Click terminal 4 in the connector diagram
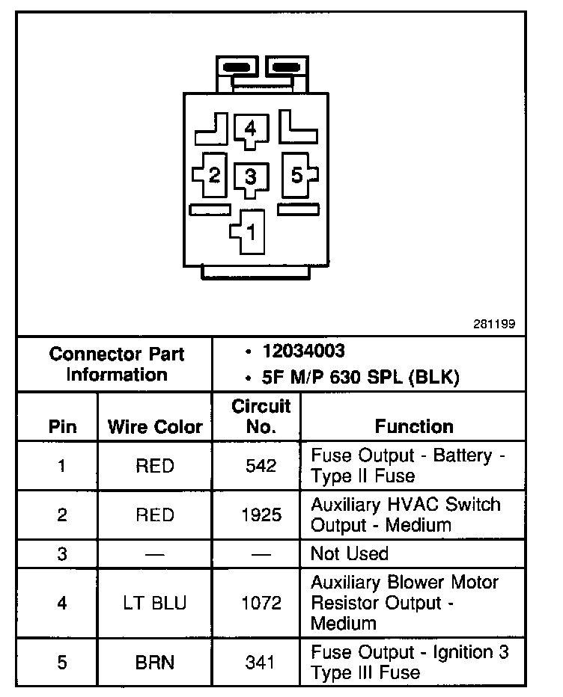250,129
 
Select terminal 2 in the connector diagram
214,176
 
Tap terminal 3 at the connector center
250,177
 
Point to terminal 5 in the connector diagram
297,175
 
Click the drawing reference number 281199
493,325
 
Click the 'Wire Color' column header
155,427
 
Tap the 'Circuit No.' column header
261,417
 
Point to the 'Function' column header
414,426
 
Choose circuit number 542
261,466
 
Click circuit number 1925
261,515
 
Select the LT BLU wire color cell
155,603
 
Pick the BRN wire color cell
155,662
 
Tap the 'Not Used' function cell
350,553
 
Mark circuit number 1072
261,603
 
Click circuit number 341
261,662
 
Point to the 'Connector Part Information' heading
116,363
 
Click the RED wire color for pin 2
155,515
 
